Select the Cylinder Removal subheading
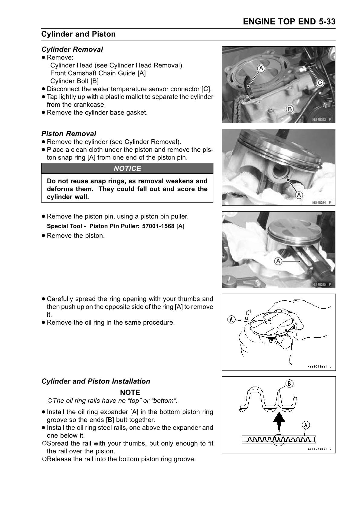[x=72, y=49]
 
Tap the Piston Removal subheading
[x=69, y=134]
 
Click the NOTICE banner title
[x=127, y=168]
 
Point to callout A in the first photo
[x=261, y=69]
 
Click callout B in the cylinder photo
[x=289, y=109]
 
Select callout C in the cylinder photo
[x=320, y=83]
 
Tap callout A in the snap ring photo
[x=299, y=195]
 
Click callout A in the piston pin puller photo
[x=278, y=261]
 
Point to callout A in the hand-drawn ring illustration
[x=231, y=319]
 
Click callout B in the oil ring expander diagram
[x=289, y=384]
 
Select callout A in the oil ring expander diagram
[x=306, y=425]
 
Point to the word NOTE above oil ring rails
[x=130, y=392]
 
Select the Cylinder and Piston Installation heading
[x=96, y=381]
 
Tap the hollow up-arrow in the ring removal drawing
[x=249, y=315]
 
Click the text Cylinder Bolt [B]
[x=74, y=81]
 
